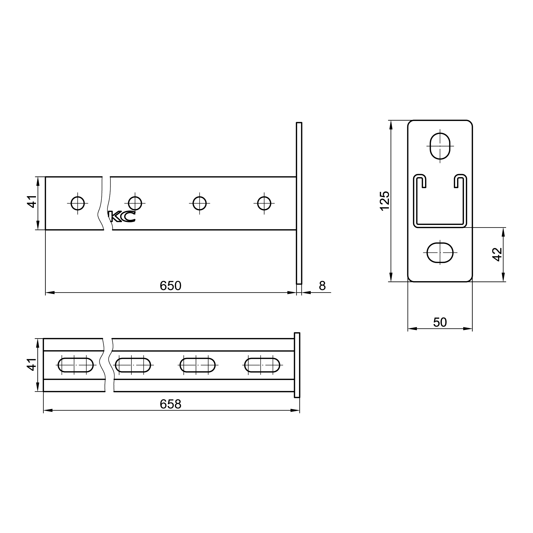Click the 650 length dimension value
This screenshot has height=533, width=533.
pos(170,286)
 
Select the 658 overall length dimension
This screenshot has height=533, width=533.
pos(170,404)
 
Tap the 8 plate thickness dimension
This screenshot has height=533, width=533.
pos(322,286)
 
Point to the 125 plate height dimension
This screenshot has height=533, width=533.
pos(385,201)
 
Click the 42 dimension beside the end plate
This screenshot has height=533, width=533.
pos(497,254)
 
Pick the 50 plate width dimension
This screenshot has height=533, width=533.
pos(440,322)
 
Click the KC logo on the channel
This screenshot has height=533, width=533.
pos(122,217)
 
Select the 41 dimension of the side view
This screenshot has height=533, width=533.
pos(32,201)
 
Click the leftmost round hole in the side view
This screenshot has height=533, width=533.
pos(78,203)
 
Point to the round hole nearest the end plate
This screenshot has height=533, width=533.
pos(264,203)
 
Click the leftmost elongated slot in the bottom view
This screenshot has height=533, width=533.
pos(76,365)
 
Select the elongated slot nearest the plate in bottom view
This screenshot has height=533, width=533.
pos(262,365)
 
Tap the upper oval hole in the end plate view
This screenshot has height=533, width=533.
pos(440,146)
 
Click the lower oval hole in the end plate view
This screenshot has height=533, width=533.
pos(440,252)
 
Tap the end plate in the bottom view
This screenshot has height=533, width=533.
pos(297,365)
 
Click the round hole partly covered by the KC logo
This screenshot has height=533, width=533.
pos(135,203)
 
